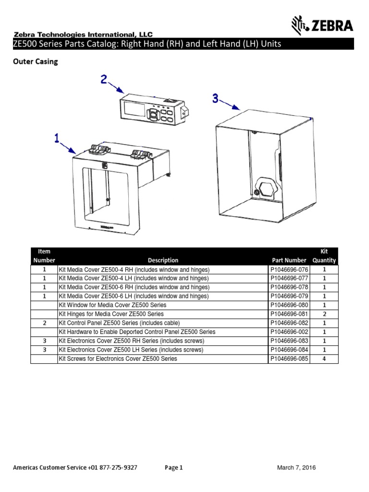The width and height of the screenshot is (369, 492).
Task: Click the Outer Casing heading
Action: pyautogui.click(x=35, y=62)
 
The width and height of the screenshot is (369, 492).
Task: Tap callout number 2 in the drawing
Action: pyautogui.click(x=104, y=79)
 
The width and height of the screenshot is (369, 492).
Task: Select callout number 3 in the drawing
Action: pyautogui.click(x=215, y=98)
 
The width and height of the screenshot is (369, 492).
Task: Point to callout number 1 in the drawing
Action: pyautogui.click(x=57, y=139)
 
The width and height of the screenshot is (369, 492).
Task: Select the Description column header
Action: pyautogui.click(x=163, y=260)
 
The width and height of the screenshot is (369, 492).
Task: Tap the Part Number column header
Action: pyautogui.click(x=289, y=260)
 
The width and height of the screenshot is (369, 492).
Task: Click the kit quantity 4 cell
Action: pyautogui.click(x=324, y=358)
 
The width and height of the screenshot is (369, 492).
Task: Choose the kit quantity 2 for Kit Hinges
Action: pyautogui.click(x=324, y=314)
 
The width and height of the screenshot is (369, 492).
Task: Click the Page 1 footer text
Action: pyautogui.click(x=174, y=467)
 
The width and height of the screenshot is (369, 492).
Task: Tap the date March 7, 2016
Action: pyautogui.click(x=296, y=467)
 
